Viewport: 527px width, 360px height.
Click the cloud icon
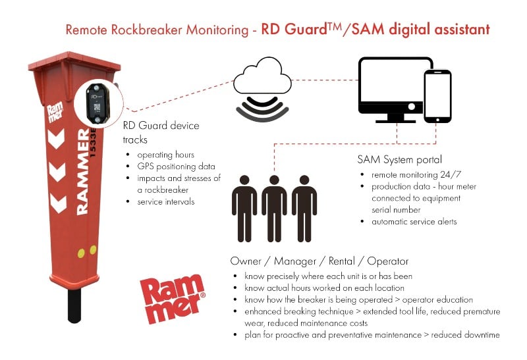(262, 76)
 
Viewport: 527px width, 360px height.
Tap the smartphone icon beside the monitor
(437, 96)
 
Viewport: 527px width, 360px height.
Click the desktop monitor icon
(393, 90)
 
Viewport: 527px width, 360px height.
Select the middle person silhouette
(274, 208)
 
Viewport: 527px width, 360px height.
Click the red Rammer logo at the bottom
(172, 299)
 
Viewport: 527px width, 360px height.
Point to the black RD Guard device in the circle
(97, 103)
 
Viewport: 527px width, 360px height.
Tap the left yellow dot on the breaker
(81, 253)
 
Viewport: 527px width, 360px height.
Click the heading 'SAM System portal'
(400, 159)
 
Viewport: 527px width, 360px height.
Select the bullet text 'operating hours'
(166, 155)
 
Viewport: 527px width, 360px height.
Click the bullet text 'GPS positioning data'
(176, 167)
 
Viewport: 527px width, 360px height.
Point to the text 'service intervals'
(166, 202)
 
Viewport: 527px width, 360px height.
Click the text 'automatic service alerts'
(414, 222)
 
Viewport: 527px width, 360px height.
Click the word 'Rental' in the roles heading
(341, 261)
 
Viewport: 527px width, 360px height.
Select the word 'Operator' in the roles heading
(387, 261)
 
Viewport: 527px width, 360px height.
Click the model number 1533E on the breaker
(93, 142)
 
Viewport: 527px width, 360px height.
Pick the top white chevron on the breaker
(56, 139)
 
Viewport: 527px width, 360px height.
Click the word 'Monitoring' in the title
(217, 30)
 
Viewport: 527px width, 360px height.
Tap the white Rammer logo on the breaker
(55, 113)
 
